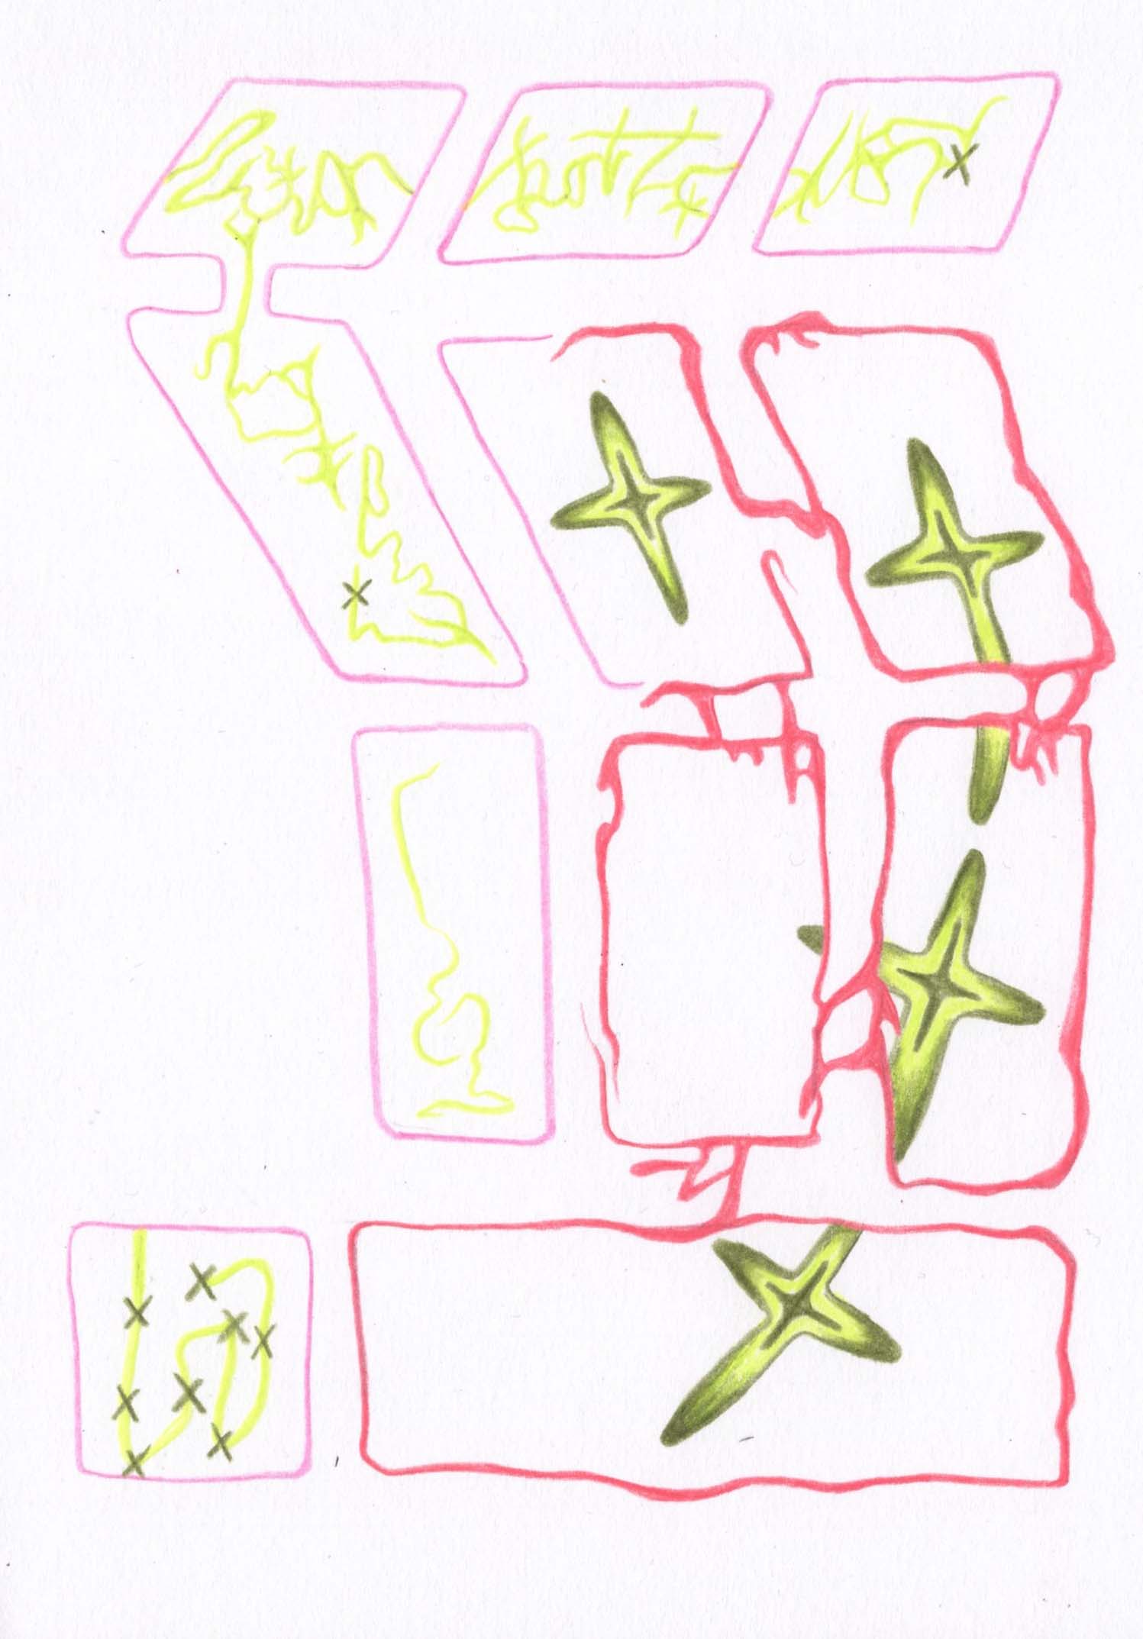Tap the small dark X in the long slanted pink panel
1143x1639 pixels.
(x=355, y=593)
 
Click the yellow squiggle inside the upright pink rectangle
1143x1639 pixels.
(x=443, y=985)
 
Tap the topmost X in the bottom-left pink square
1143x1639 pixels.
(x=201, y=1281)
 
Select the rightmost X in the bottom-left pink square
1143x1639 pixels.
(x=263, y=1341)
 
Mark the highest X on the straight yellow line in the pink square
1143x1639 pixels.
(x=137, y=1311)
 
